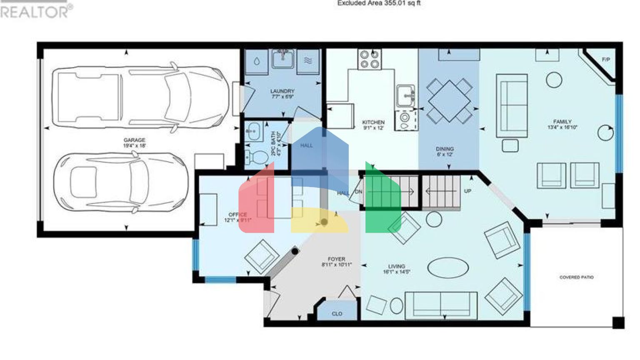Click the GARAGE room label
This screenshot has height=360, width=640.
tap(134, 140)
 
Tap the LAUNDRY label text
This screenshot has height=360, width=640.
tap(282, 91)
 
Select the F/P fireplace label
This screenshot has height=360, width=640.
tap(606, 60)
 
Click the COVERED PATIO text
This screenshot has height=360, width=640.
tap(576, 277)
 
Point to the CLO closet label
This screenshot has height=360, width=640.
tap(337, 313)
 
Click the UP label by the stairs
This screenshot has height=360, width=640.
tap(467, 191)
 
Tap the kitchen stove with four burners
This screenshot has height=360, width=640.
tap(370, 59)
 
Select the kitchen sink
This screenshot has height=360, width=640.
tap(405, 95)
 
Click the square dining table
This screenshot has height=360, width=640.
tap(449, 101)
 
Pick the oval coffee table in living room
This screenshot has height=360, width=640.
tap(448, 267)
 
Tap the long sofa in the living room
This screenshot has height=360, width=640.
tap(441, 305)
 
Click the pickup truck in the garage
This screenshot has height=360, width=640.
tap(140, 97)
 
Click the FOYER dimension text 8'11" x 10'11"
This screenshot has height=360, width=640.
tap(337, 265)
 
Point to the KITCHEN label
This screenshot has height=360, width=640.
tap(373, 122)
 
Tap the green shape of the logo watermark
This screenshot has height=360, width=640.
tap(382, 200)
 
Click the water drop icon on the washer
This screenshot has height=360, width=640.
tap(257, 62)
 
